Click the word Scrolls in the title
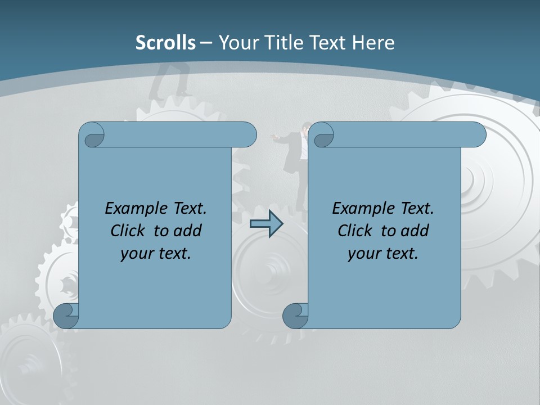pos(165,43)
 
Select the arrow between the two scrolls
pos(266,224)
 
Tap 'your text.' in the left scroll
pos(155,253)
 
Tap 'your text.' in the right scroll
pos(382,253)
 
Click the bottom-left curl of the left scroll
pos(66,316)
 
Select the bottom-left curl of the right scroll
pos(295,316)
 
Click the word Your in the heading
pos(236,43)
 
